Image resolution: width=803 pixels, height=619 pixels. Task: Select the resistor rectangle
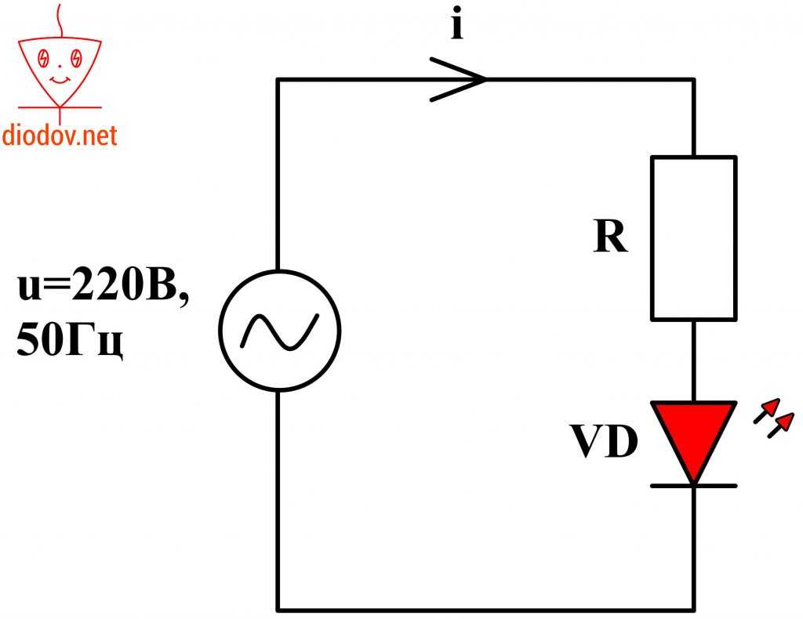tap(693, 237)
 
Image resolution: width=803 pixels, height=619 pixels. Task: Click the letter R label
tap(611, 238)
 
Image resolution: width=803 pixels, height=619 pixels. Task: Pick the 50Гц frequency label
tap(71, 342)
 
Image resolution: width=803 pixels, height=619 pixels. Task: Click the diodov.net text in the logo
tap(60, 136)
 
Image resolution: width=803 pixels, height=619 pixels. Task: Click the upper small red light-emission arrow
tap(767, 410)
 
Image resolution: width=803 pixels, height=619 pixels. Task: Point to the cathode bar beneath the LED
tap(693, 486)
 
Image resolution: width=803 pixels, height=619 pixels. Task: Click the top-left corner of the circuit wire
tap(278, 79)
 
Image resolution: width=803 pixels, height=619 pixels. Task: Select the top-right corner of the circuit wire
tap(693, 79)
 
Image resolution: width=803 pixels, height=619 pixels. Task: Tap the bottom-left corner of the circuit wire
tap(278, 609)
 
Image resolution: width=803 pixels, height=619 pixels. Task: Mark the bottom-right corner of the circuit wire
tap(693, 609)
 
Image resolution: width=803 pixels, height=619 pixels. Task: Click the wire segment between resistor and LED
tap(693, 360)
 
